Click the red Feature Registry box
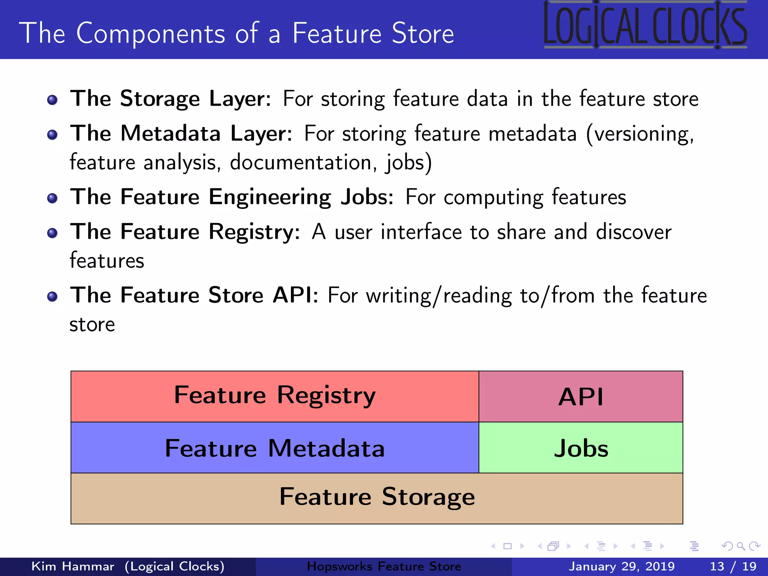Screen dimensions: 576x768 pyautogui.click(x=274, y=396)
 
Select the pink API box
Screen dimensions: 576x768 pyautogui.click(x=580, y=396)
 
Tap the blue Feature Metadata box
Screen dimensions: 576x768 pyautogui.click(x=274, y=448)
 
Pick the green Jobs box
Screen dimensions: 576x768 pyautogui.click(x=580, y=448)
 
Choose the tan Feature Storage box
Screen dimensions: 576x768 pyautogui.click(x=376, y=498)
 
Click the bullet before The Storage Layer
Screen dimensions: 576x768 pyautogui.click(x=52, y=100)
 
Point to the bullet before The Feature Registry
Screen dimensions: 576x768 pyautogui.click(x=52, y=233)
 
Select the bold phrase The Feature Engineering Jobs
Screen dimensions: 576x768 pyautogui.click(x=232, y=197)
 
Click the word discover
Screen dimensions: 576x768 pyautogui.click(x=633, y=232)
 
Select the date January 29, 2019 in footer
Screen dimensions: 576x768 pyautogui.click(x=621, y=566)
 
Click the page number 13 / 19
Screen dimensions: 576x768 pyautogui.click(x=733, y=566)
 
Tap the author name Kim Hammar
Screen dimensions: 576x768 pyautogui.click(x=73, y=566)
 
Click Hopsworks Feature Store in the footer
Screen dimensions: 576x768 pyautogui.click(x=384, y=566)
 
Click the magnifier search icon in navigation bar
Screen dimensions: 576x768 pyautogui.click(x=741, y=546)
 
